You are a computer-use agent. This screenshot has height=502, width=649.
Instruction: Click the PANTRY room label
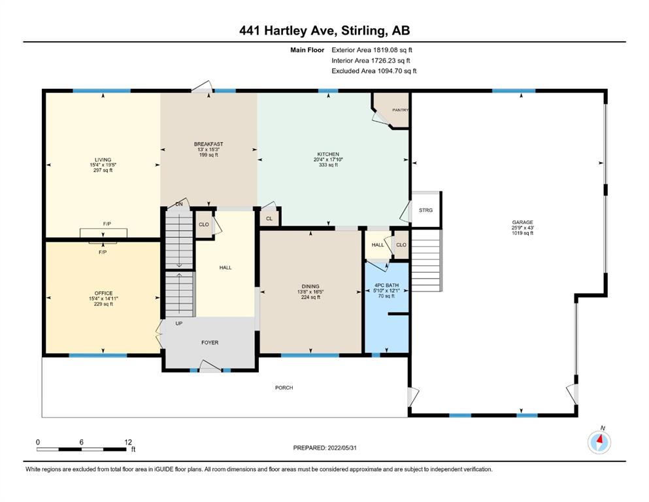(400, 110)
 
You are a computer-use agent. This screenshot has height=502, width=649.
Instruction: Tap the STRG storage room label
(425, 210)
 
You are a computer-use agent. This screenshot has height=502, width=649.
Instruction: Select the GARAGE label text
(522, 222)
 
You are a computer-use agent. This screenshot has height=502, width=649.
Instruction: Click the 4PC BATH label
(386, 286)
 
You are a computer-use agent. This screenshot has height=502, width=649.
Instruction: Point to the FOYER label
(210, 343)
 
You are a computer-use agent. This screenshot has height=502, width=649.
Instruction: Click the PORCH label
(284, 388)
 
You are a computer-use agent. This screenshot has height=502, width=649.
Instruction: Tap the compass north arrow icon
(599, 442)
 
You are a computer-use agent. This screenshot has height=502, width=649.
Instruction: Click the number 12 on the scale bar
(128, 442)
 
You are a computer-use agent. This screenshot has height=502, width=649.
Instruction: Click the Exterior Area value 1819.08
(384, 50)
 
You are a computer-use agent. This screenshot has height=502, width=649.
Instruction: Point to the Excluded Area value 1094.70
(389, 71)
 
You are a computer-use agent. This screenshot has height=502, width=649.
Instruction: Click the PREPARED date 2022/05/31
(342, 448)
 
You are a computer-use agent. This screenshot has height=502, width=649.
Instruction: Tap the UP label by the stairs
(179, 324)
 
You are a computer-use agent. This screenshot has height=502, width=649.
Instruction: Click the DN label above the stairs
(179, 205)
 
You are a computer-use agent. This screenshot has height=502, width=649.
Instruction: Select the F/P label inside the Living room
(107, 224)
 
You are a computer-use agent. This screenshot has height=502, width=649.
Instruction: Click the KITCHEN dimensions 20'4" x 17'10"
(328, 159)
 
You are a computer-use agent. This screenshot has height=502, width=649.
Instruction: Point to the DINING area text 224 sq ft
(310, 297)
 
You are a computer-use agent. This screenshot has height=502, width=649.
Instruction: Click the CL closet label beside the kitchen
(269, 218)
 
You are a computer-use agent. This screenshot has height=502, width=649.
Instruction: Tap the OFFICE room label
(103, 293)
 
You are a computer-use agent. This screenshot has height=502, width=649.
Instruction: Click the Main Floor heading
(307, 50)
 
